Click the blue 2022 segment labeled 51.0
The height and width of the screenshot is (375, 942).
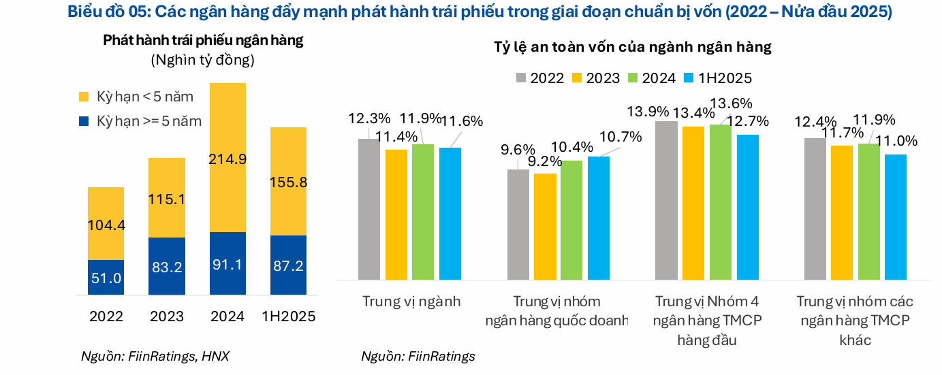click(x=106, y=278)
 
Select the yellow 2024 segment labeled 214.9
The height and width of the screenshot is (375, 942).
click(x=227, y=158)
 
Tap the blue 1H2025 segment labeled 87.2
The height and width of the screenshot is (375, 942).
click(x=288, y=265)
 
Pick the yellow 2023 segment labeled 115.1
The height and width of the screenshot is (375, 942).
click(x=167, y=197)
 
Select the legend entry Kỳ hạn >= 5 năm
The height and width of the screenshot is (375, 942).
click(x=140, y=121)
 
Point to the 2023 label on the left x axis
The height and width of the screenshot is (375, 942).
click(x=167, y=317)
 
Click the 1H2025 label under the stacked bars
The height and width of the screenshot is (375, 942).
click(x=288, y=317)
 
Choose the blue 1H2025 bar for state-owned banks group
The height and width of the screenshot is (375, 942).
click(x=599, y=218)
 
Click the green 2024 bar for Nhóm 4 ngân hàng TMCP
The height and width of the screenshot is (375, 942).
click(x=721, y=202)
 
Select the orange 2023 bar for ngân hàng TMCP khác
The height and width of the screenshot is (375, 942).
click(x=842, y=212)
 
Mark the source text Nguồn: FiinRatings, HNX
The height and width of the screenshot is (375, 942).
click(x=155, y=356)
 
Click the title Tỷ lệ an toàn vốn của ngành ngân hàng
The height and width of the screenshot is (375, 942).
click(x=633, y=47)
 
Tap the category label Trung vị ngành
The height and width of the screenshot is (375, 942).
click(x=411, y=301)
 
